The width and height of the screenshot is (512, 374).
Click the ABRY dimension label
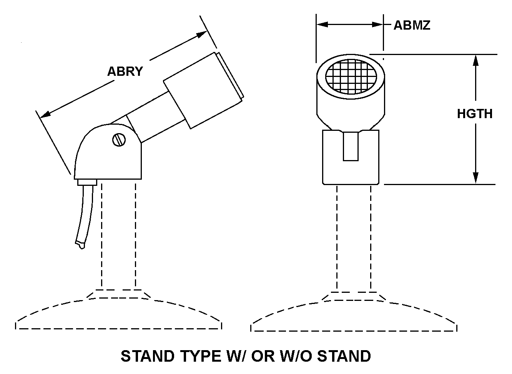pyautogui.click(x=125, y=71)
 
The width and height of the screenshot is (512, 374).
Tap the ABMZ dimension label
pyautogui.click(x=412, y=25)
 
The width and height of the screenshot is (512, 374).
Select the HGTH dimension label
pyautogui.click(x=475, y=114)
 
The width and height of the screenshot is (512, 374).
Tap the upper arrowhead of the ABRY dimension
pyautogui.click(x=201, y=35)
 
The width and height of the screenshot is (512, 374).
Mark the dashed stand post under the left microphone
pyautogui.click(x=119, y=235)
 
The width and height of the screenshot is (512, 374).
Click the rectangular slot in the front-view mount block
pyautogui.click(x=351, y=146)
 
